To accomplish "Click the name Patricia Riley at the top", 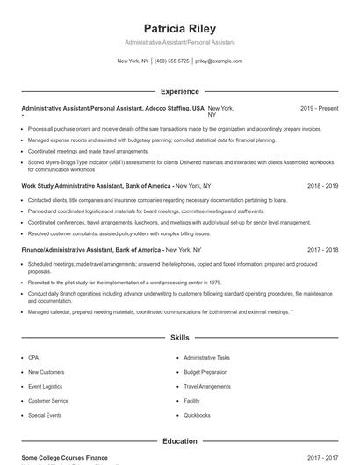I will pos(179,28).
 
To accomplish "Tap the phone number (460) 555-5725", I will pos(172,61).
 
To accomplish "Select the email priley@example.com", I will pos(219,61).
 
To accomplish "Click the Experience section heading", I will pos(179,91).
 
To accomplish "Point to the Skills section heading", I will pos(179,337).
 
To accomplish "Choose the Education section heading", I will pos(179,441).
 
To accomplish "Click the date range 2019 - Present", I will pos(319,108).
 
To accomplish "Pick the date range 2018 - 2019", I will pos(326,187).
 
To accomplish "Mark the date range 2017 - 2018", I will pos(326,249).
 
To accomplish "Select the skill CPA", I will pos(33,358).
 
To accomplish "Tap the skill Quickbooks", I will pos(197,415).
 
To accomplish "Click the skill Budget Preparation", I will pos(206,372).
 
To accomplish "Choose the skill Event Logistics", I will pos(46,386).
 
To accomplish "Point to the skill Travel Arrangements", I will pos(207,386).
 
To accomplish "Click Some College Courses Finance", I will pos(64,458).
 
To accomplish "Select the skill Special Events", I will pos(45,415).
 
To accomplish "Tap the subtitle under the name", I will pos(179,42).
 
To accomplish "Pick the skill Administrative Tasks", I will pos(206,358).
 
